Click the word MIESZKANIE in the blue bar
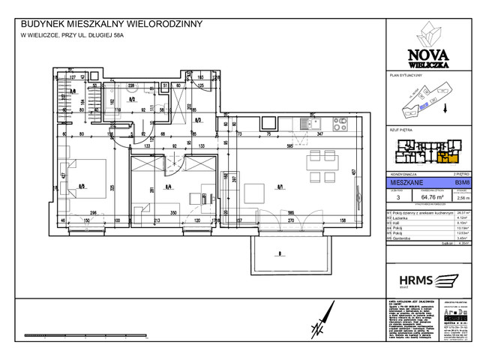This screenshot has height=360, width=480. point(403,181)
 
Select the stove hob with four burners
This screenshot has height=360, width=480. point(300,124)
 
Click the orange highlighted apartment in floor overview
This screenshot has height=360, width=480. point(446,158)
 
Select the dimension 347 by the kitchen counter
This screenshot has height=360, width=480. point(319,133)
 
